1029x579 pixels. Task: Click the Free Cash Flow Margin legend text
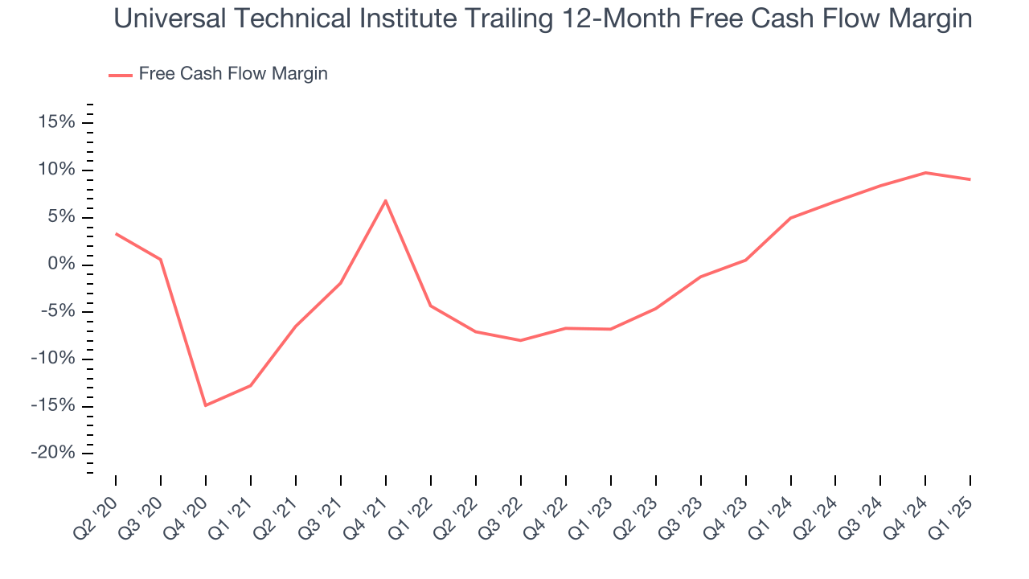[233, 74]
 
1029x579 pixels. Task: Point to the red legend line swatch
[121, 75]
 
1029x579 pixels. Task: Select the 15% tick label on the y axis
[55, 122]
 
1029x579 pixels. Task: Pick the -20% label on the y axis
[53, 453]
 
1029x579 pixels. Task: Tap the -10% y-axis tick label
[53, 359]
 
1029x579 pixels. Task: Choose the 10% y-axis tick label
[55, 170]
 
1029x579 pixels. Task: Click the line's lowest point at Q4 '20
[206, 405]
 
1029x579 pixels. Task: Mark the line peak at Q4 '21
[386, 200]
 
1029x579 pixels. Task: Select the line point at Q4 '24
[926, 172]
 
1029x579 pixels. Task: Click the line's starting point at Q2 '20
[116, 234]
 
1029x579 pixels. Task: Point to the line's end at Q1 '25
[970, 179]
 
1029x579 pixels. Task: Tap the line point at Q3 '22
[521, 340]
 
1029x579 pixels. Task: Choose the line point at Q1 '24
[791, 218]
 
